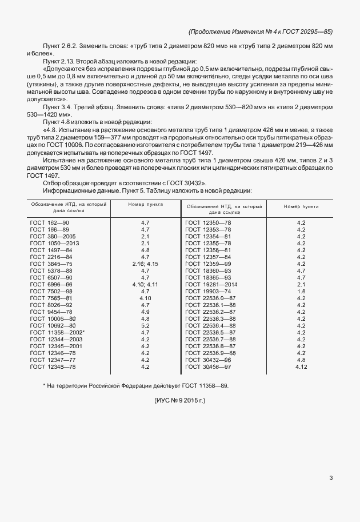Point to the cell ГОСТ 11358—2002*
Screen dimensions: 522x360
[57, 332]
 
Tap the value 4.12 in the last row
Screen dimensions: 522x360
[301, 366]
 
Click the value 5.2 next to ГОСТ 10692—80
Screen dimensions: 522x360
[145, 325]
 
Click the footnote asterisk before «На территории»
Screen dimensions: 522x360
[44, 385]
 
